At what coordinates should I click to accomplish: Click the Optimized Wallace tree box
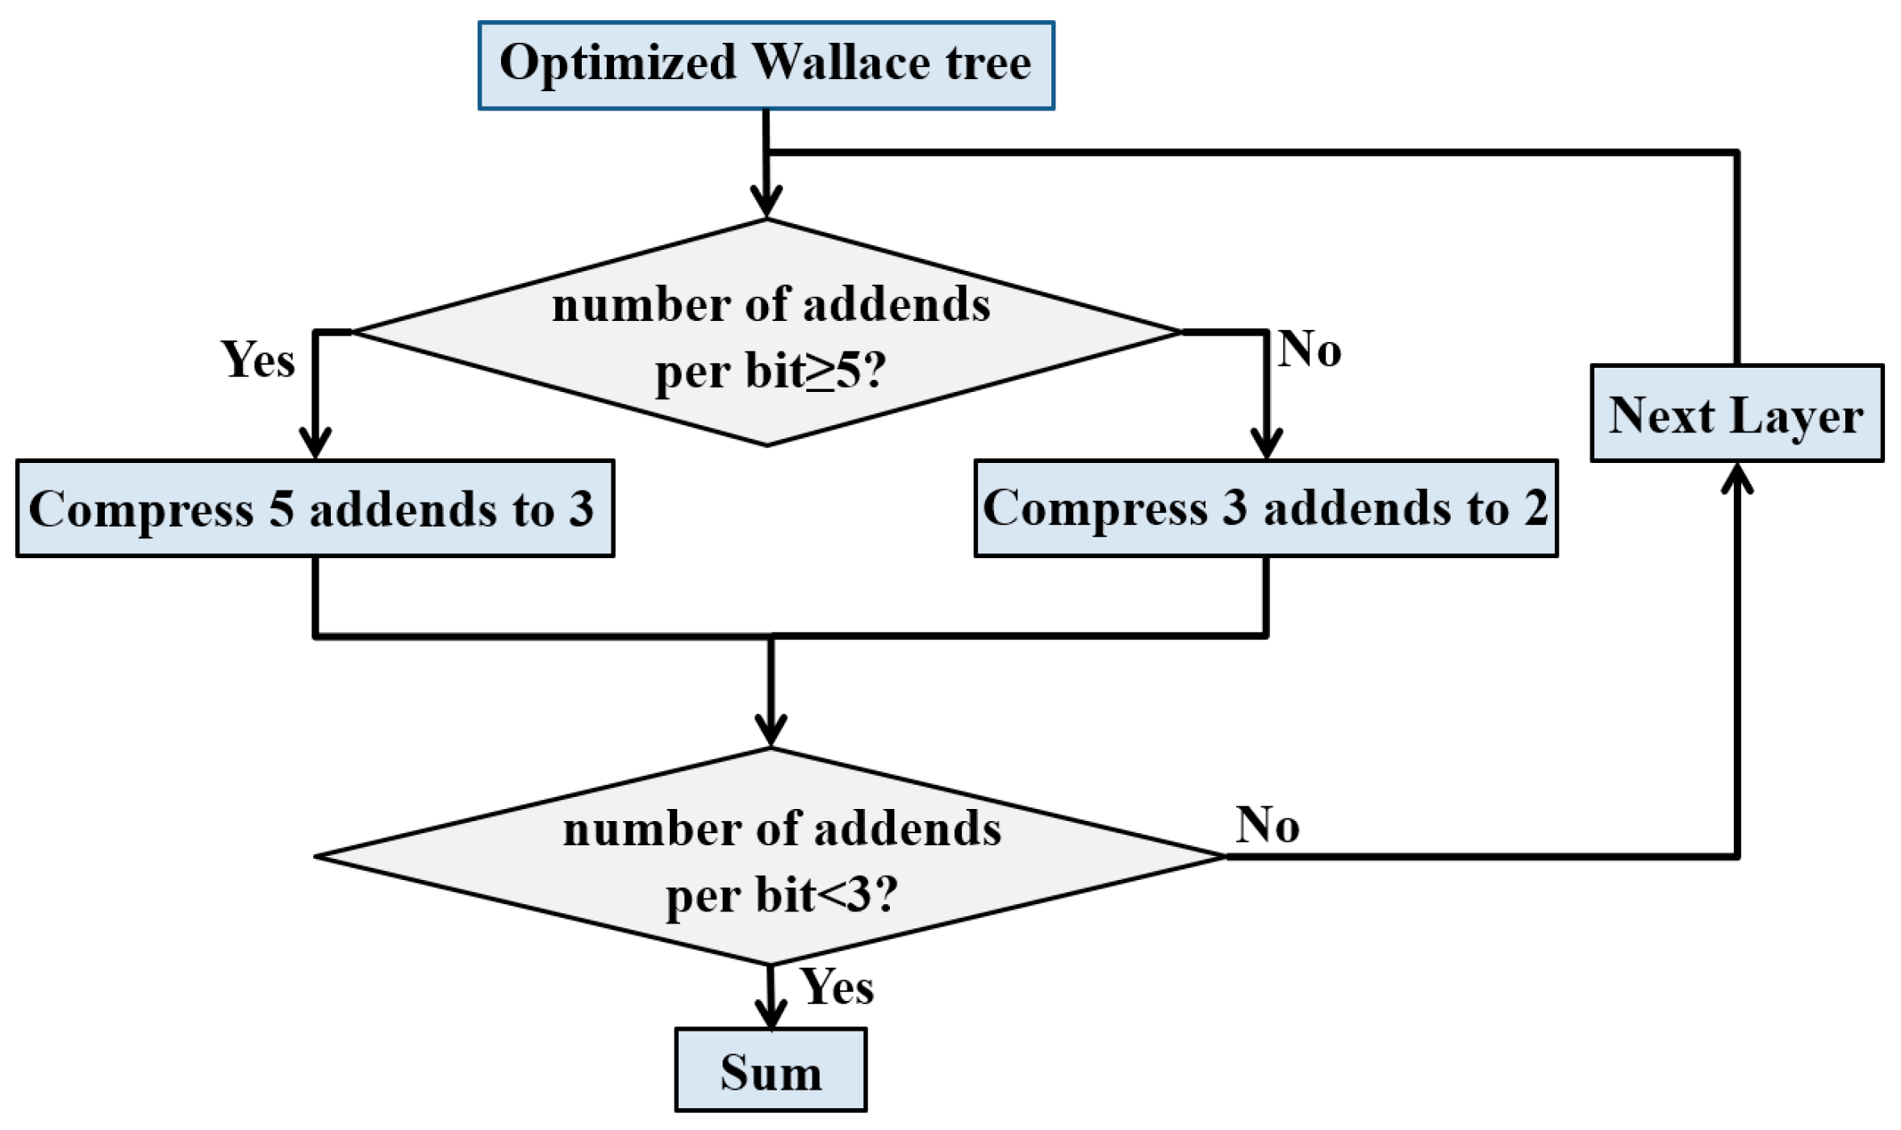pyautogui.click(x=766, y=65)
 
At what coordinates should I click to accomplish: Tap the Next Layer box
pyautogui.click(x=1736, y=414)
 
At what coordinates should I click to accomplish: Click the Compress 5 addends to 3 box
pyautogui.click(x=315, y=508)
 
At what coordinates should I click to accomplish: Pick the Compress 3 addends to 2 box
pyautogui.click(x=1264, y=508)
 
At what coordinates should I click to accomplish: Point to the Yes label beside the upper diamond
pyautogui.click(x=257, y=359)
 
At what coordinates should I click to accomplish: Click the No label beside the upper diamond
pyautogui.click(x=1309, y=349)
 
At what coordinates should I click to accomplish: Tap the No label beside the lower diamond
pyautogui.click(x=1267, y=825)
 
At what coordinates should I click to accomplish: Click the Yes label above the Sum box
pyautogui.click(x=837, y=986)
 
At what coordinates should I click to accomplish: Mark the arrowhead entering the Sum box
pyautogui.click(x=771, y=1015)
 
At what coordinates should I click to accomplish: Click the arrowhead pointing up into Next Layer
pyautogui.click(x=1736, y=477)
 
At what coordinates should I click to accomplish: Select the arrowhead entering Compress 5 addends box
pyautogui.click(x=315, y=444)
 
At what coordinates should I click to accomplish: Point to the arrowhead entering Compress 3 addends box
pyautogui.click(x=1266, y=444)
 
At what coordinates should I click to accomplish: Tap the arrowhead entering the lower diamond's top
pyautogui.click(x=771, y=731)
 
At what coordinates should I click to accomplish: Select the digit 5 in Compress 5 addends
pyautogui.click(x=281, y=509)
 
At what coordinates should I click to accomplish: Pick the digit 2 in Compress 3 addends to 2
pyautogui.click(x=1535, y=508)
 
